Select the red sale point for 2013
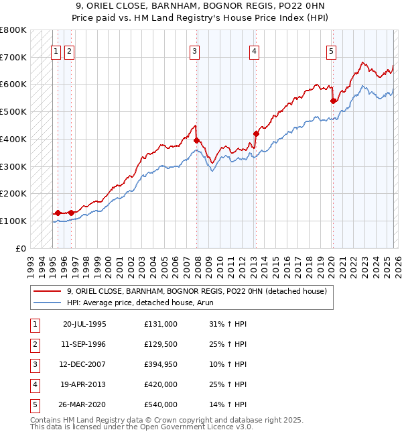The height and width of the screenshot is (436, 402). click(x=255, y=133)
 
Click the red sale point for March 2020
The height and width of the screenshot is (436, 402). click(x=333, y=101)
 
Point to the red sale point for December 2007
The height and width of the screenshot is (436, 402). click(x=196, y=140)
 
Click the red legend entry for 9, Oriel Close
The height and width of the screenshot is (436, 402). click(x=196, y=291)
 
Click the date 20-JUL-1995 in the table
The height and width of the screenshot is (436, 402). click(x=84, y=324)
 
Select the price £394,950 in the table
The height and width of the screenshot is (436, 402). click(x=161, y=364)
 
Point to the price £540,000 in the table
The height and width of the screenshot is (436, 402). click(x=161, y=404)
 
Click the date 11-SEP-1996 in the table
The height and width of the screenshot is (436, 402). click(x=84, y=344)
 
